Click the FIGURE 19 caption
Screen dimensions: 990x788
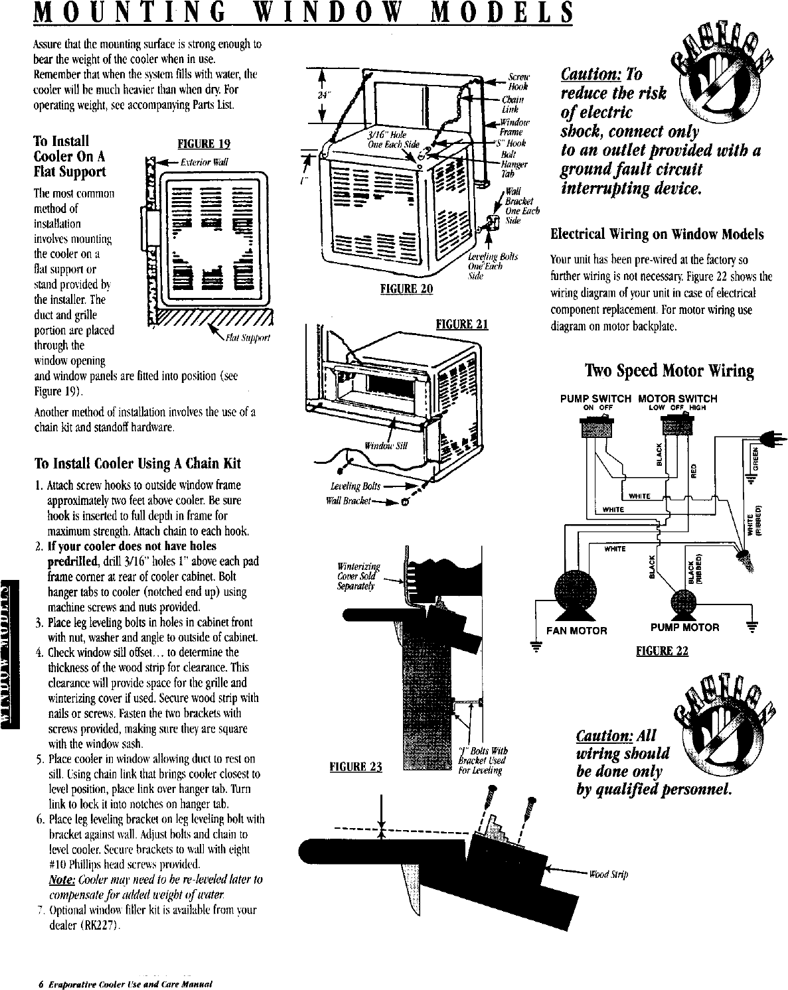click(200, 145)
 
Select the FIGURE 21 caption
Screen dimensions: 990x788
click(462, 324)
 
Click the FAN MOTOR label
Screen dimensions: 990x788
click(576, 630)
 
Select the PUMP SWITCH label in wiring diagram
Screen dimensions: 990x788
click(595, 399)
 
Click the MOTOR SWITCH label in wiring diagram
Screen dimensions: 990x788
click(677, 399)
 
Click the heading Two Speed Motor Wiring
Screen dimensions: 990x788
click(669, 370)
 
